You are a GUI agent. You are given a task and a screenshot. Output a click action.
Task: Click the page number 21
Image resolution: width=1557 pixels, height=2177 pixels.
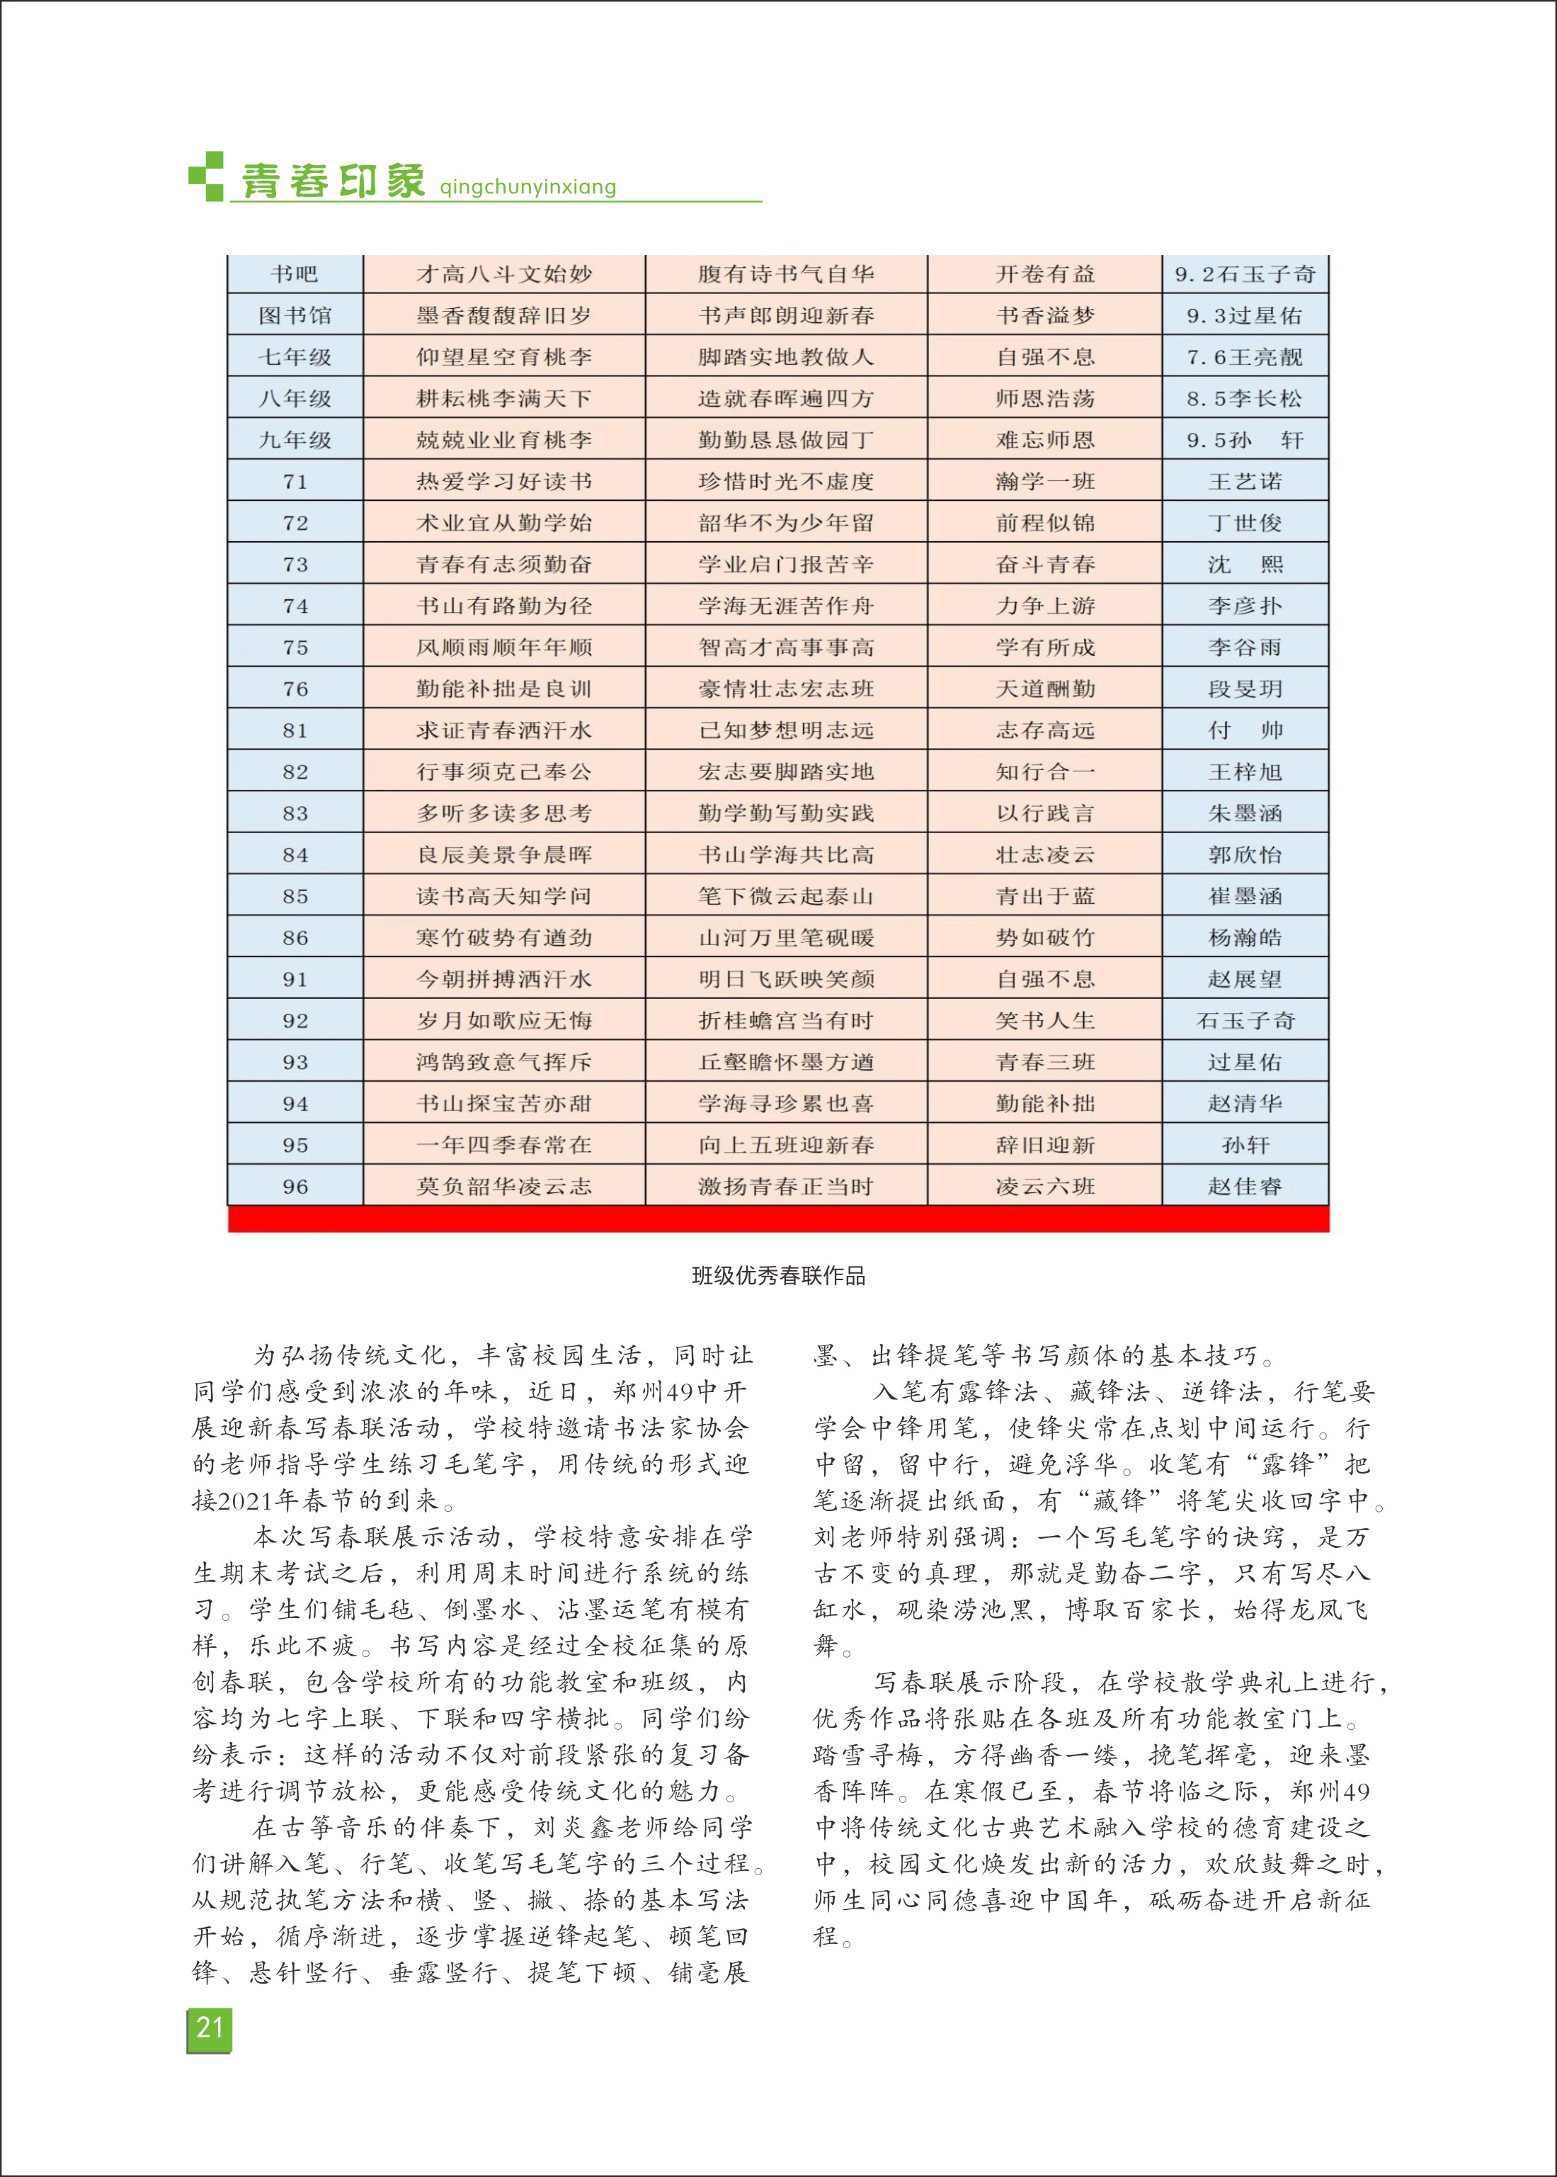click(x=209, y=2028)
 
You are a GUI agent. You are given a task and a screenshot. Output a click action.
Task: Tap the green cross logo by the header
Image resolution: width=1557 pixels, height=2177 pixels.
click(x=206, y=176)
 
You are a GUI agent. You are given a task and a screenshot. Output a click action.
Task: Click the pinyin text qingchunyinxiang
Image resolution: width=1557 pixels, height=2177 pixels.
click(x=527, y=187)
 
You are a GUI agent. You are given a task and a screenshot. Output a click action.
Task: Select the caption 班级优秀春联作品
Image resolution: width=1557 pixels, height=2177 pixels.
click(x=779, y=1275)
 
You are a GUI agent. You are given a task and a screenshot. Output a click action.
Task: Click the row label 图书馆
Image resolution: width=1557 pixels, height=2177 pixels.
click(x=295, y=315)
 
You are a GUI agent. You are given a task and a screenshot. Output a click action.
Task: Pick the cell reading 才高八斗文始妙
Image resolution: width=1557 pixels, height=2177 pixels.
click(x=503, y=274)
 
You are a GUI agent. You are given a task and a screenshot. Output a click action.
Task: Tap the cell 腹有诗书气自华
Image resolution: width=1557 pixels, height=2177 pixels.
click(x=785, y=274)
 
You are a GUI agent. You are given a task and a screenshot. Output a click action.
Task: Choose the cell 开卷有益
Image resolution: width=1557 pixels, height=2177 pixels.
click(x=1044, y=274)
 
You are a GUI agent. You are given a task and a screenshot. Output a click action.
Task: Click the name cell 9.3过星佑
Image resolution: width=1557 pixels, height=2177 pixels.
click(x=1245, y=315)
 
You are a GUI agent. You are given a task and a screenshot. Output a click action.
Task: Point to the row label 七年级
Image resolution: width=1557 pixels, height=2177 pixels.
click(x=295, y=357)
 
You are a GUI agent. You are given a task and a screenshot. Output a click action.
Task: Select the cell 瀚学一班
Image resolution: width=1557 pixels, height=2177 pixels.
click(x=1044, y=482)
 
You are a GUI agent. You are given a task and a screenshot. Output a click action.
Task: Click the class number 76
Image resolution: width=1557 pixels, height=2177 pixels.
click(x=295, y=689)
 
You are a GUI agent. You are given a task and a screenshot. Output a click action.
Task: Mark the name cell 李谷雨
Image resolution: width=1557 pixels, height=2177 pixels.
click(x=1245, y=648)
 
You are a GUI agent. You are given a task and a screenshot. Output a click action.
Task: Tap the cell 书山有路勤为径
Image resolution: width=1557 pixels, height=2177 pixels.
click(x=503, y=606)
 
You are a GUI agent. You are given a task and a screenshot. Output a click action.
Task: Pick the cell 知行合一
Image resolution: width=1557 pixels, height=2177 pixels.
click(x=1044, y=772)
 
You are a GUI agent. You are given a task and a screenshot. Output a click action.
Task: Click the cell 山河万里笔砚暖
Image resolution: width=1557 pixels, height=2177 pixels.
click(x=785, y=938)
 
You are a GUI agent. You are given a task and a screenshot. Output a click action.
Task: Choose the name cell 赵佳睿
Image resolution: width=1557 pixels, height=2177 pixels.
click(x=1245, y=1187)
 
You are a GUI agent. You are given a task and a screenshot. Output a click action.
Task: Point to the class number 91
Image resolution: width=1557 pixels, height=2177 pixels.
click(x=295, y=979)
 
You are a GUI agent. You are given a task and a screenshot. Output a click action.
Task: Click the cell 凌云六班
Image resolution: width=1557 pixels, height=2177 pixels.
click(x=1044, y=1187)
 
